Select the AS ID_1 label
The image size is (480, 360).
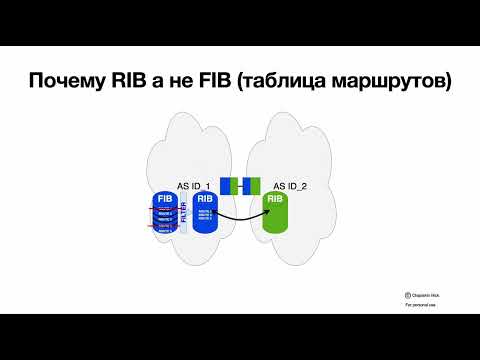pos(192,186)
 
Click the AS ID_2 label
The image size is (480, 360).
pos(292,186)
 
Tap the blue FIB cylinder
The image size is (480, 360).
pos(164,213)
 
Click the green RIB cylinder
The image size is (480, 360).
pos(277,213)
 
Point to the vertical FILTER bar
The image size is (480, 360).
pos(184,214)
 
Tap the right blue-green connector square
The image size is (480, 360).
pos(253,185)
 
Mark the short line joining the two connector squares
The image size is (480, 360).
pos(240,185)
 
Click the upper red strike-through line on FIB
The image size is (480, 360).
pos(164,211)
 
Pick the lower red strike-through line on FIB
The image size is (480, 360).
pos(164,226)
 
